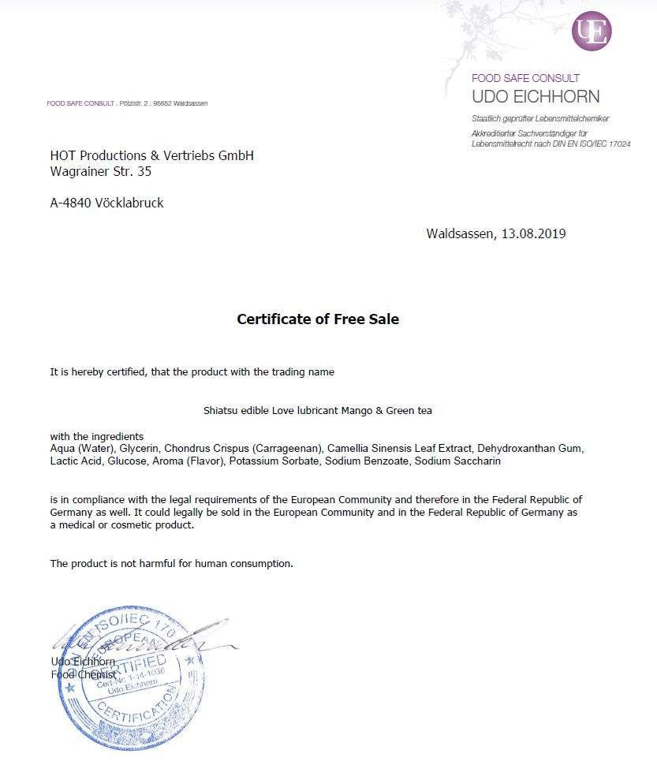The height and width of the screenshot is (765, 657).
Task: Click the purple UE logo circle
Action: [x=592, y=32]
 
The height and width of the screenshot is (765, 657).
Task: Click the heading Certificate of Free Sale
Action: [x=318, y=319]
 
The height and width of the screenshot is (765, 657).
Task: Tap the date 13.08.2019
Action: [x=532, y=233]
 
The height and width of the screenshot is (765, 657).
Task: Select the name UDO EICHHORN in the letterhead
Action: [x=536, y=97]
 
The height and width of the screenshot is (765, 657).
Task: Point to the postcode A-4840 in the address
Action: [x=71, y=203]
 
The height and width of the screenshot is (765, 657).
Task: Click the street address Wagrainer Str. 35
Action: [x=101, y=170]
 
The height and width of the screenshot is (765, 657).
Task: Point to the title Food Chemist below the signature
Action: [x=84, y=674]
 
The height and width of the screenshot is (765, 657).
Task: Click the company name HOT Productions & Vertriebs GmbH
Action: [x=152, y=155]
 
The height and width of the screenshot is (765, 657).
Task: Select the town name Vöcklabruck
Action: [x=129, y=203]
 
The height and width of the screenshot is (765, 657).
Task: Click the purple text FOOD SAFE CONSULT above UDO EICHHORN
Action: [x=525, y=78]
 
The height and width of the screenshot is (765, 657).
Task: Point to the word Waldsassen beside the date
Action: [x=460, y=233]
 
